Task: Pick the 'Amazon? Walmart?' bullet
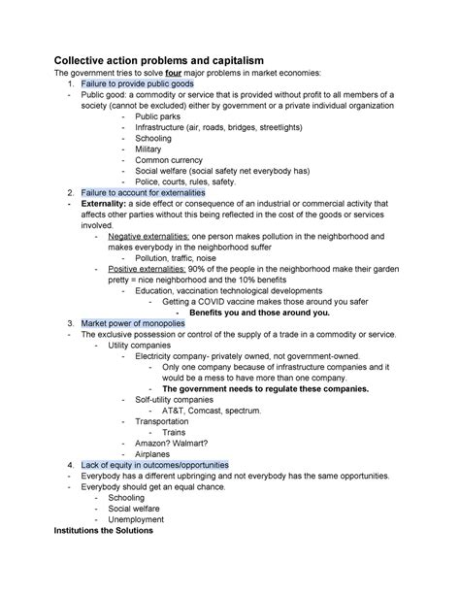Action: tap(173, 444)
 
